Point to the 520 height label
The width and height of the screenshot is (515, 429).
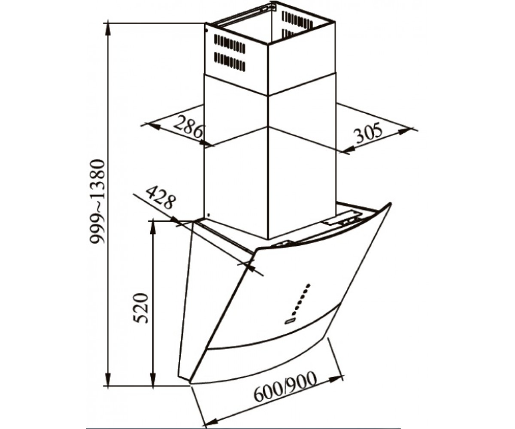(141, 308)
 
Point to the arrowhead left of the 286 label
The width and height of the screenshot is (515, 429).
(154, 126)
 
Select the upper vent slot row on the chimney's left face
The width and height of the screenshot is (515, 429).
(230, 44)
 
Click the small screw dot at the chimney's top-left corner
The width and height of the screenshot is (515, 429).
(207, 31)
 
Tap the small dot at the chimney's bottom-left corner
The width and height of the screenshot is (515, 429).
(209, 215)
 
